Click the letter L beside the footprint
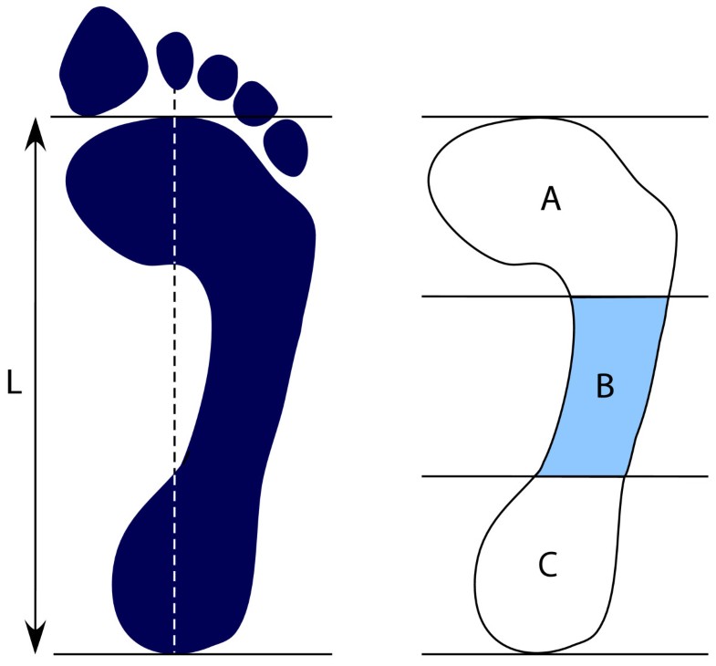pyautogui.click(x=15, y=384)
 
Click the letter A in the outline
pyautogui.click(x=550, y=198)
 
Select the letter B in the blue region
pyautogui.click(x=605, y=387)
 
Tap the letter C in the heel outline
pyautogui.click(x=547, y=566)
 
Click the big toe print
pyautogui.click(x=104, y=58)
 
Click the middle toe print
pyautogui.click(x=218, y=76)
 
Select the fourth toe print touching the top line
pyautogui.click(x=254, y=102)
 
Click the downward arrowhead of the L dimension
pyautogui.click(x=36, y=640)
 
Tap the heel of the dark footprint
pyautogui.click(x=182, y=584)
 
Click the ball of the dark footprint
pyautogui.click(x=182, y=182)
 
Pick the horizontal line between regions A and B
pyautogui.click(x=474, y=297)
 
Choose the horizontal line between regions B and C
pyautogui.click(x=474, y=476)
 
